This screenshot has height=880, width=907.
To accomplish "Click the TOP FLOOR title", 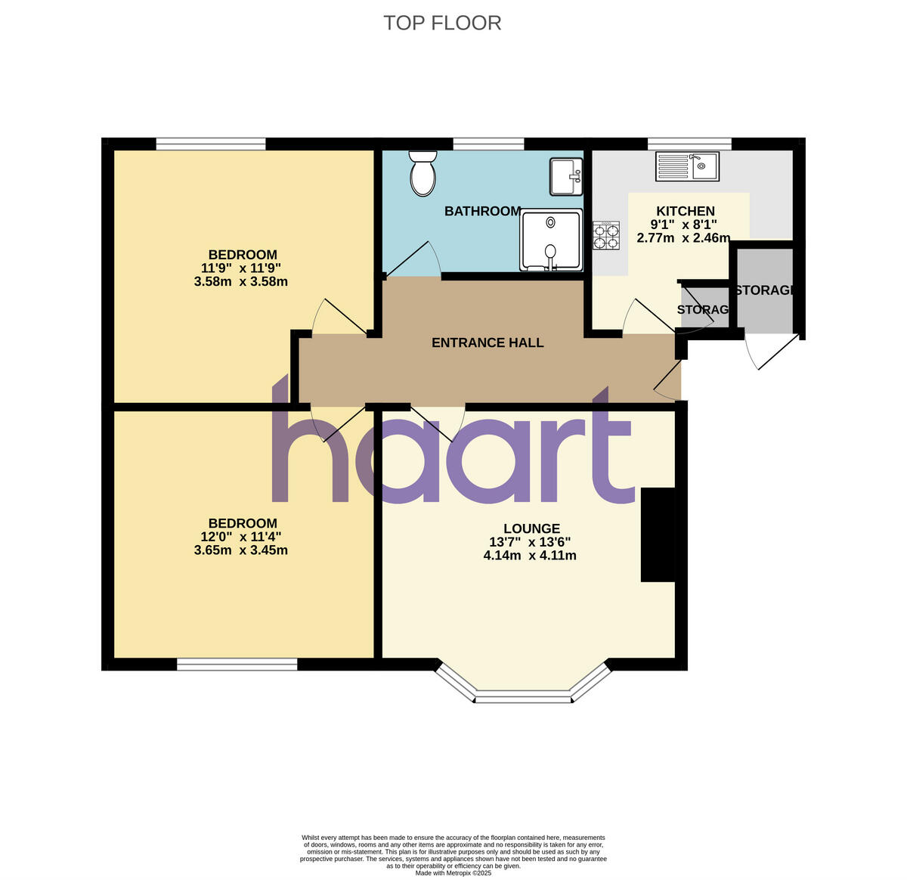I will (442, 23).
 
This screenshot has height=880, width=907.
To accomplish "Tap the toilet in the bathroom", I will (423, 173).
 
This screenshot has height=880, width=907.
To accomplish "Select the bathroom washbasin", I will (565, 176).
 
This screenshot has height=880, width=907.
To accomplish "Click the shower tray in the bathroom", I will (551, 239).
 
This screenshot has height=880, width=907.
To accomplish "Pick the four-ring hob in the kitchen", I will (606, 235).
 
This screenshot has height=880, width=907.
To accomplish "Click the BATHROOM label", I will (482, 212).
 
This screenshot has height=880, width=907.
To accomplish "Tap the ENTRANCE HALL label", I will (488, 343).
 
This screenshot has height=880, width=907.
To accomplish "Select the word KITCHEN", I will (685, 212).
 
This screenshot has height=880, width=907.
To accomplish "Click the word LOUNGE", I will (532, 529).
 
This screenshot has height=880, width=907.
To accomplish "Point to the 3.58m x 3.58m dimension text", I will (240, 282).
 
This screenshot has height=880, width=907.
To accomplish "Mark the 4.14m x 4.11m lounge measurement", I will (529, 556).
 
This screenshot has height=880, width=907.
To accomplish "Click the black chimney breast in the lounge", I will (658, 535).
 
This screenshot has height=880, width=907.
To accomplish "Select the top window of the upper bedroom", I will (211, 143).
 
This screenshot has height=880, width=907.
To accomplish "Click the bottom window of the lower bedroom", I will (237, 665).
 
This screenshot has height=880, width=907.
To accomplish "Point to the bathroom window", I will (488, 143).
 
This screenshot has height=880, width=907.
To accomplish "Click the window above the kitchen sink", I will (689, 143).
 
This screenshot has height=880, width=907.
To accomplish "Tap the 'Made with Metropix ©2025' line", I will (453, 872).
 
